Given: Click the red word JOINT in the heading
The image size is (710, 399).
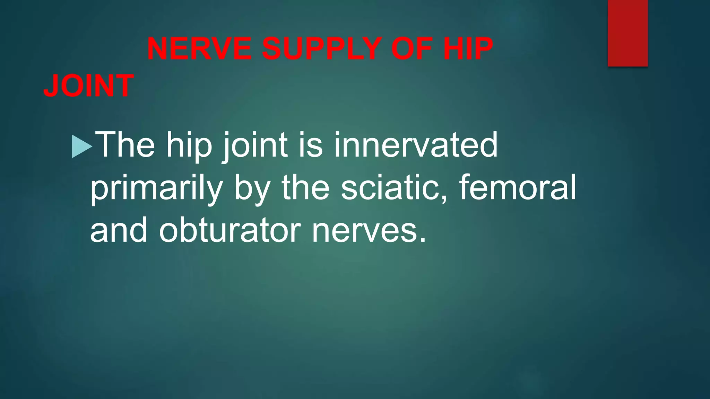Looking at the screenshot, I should click(x=88, y=86).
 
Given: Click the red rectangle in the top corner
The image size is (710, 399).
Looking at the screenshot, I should click(x=627, y=33).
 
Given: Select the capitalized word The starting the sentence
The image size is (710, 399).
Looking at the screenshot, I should click(x=125, y=144).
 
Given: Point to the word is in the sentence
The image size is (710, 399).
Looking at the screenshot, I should click(x=311, y=144).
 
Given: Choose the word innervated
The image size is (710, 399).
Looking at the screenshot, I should click(x=416, y=144).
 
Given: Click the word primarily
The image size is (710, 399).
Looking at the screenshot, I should click(x=156, y=189).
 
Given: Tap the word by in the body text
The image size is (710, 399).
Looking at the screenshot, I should click(x=252, y=189).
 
